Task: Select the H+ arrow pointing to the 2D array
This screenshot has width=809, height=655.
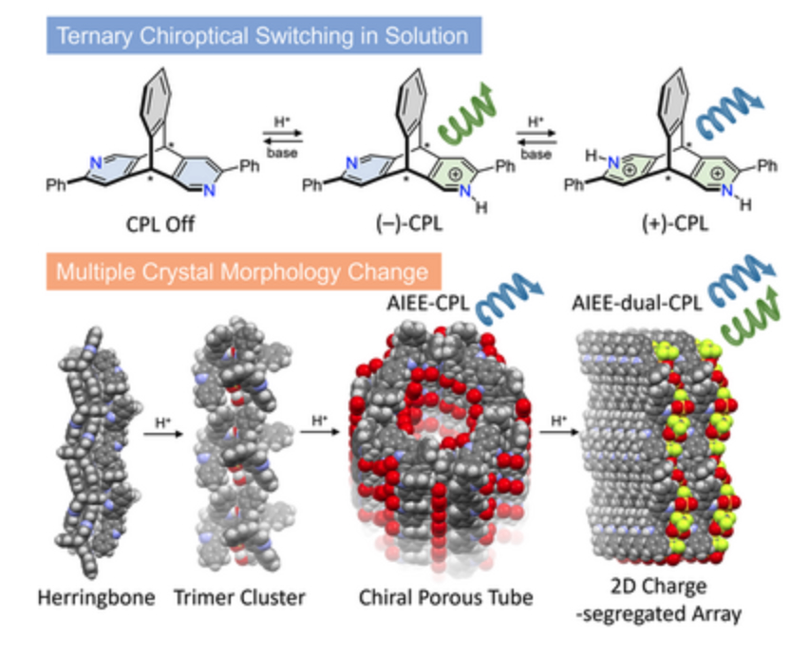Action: click(560, 435)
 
